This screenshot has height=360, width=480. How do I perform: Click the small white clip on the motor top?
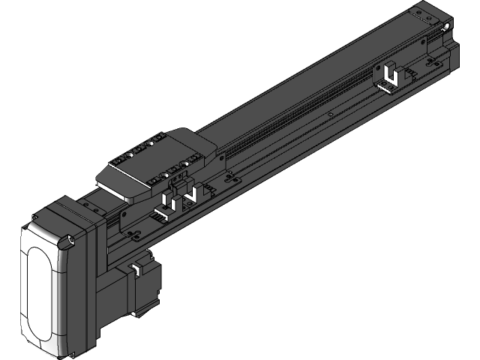click(x=138, y=267)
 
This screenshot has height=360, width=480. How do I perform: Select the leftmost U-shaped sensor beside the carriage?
click(x=169, y=204)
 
